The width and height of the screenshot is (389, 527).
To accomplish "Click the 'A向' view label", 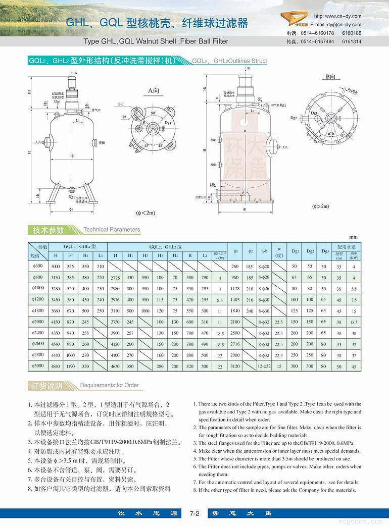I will (x=154, y=90).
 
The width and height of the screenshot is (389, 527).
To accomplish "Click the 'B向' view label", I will (x=331, y=76).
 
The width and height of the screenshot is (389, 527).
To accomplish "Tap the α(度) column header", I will (x=279, y=251).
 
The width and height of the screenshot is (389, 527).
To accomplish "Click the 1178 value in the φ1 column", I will (x=234, y=288).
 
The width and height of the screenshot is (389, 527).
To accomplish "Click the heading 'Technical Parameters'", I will (x=111, y=229).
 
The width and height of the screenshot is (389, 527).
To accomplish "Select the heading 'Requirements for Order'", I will (x=109, y=385).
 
